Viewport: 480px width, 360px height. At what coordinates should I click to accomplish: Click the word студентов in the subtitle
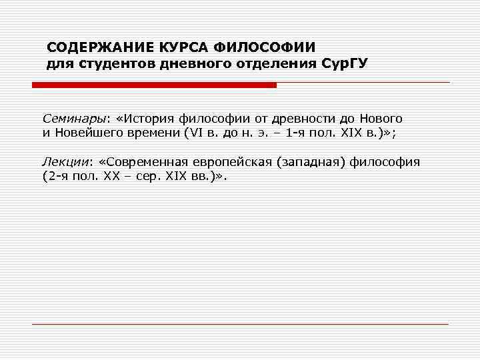click(x=115, y=65)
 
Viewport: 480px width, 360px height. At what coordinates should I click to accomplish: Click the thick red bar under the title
click(x=154, y=85)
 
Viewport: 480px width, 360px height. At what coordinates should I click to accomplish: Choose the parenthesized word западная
click(x=312, y=162)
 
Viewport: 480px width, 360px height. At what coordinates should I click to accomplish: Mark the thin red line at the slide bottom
click(x=240, y=324)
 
